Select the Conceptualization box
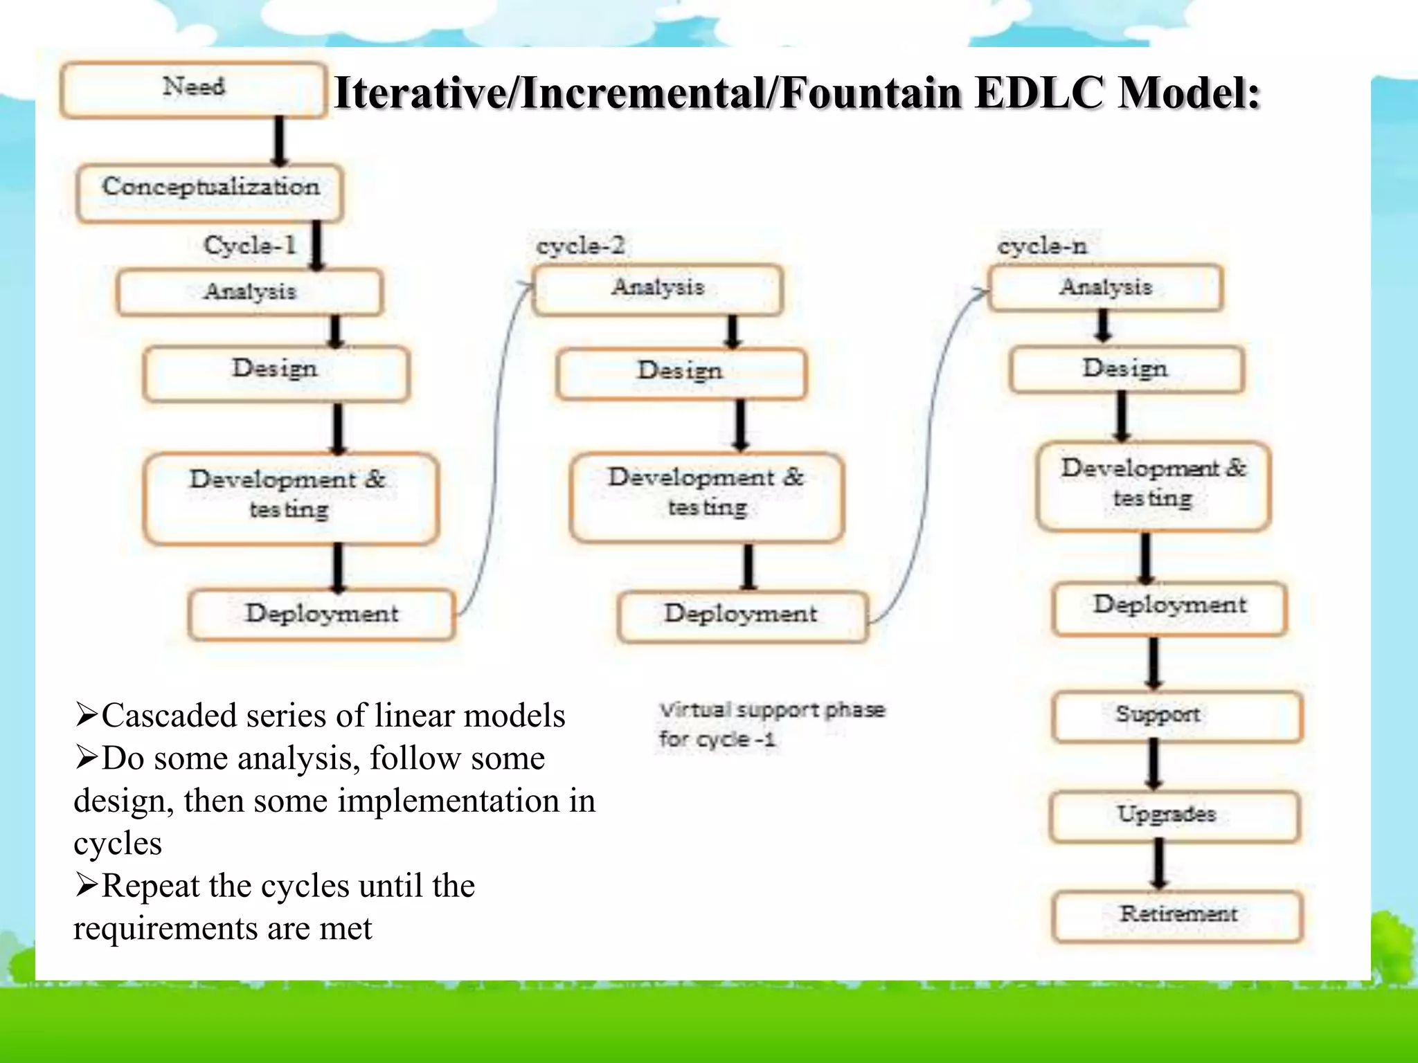(210, 192)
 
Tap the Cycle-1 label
(250, 245)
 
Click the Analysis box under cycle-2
(658, 289)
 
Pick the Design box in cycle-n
(1126, 370)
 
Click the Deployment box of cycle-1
(321, 614)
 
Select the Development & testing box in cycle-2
(706, 496)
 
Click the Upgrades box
(1174, 815)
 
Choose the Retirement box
(1177, 915)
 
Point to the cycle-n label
(1042, 246)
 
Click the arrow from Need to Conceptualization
(279, 140)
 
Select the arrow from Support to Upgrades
(1154, 765)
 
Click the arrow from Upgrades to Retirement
(1159, 864)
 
